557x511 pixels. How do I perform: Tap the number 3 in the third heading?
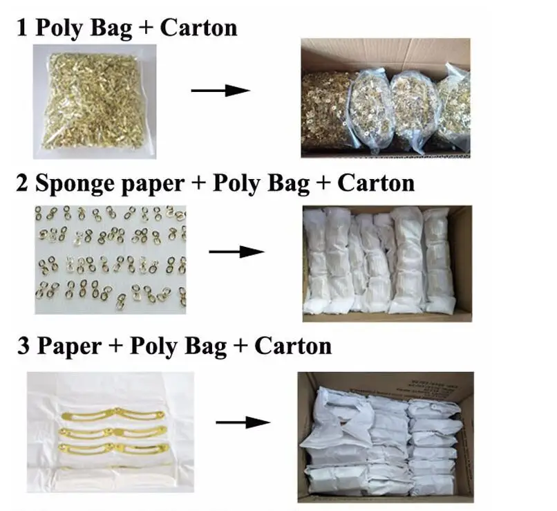tap(23, 346)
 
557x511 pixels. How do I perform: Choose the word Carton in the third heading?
tap(293, 345)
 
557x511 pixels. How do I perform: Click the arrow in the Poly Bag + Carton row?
tap(220, 90)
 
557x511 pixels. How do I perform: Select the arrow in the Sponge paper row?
tap(236, 251)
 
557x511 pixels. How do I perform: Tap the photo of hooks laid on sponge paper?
tap(110, 259)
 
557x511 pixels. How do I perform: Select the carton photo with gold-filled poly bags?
tap(385, 97)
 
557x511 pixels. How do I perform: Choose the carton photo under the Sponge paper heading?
tap(386, 263)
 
